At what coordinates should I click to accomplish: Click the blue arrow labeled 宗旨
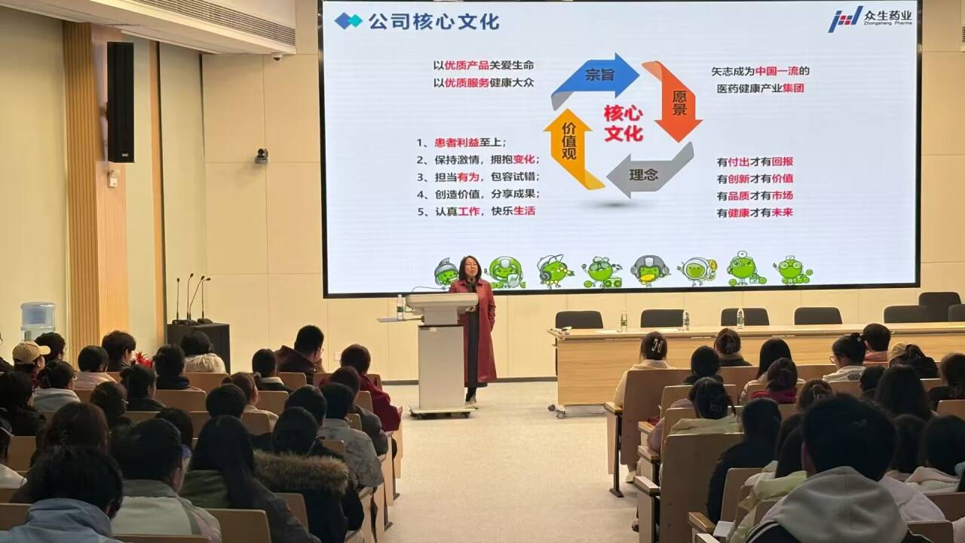596,77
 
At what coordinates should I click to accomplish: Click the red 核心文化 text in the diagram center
623,124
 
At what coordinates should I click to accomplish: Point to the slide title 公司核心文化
433,22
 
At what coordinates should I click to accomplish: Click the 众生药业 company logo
870,19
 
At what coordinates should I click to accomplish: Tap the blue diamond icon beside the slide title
348,21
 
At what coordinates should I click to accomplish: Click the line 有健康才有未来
755,213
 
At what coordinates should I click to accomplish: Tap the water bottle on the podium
400,307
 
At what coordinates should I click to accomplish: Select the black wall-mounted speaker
121,102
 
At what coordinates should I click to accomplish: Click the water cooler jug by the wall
38,321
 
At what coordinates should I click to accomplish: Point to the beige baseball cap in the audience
29,351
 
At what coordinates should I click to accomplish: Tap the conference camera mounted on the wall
262,155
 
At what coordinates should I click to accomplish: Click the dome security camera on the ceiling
277,57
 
